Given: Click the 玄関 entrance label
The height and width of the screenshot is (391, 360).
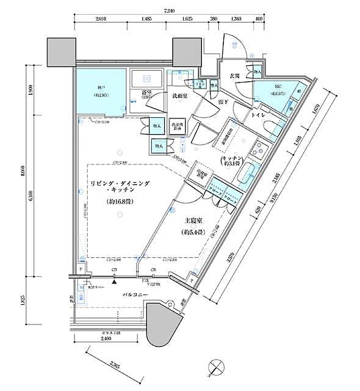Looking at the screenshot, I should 234,76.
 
